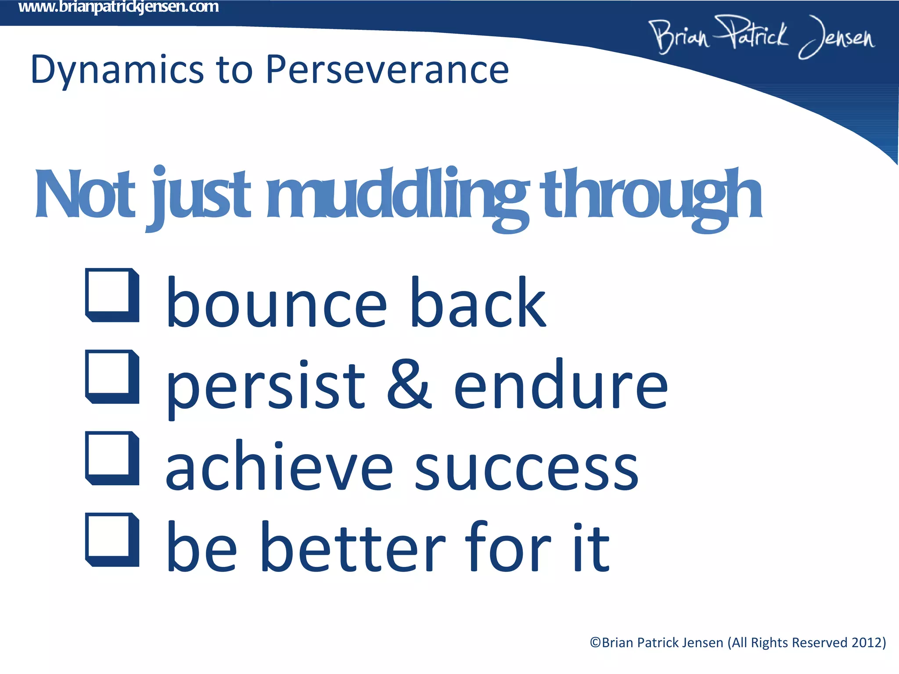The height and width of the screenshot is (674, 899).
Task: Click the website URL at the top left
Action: (x=119, y=7)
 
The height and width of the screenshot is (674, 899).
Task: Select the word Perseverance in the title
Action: (x=387, y=70)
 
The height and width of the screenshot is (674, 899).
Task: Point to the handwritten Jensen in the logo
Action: (x=836, y=37)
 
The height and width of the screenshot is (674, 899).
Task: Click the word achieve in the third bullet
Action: (x=279, y=466)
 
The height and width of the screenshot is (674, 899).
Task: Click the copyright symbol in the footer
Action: (x=596, y=643)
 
